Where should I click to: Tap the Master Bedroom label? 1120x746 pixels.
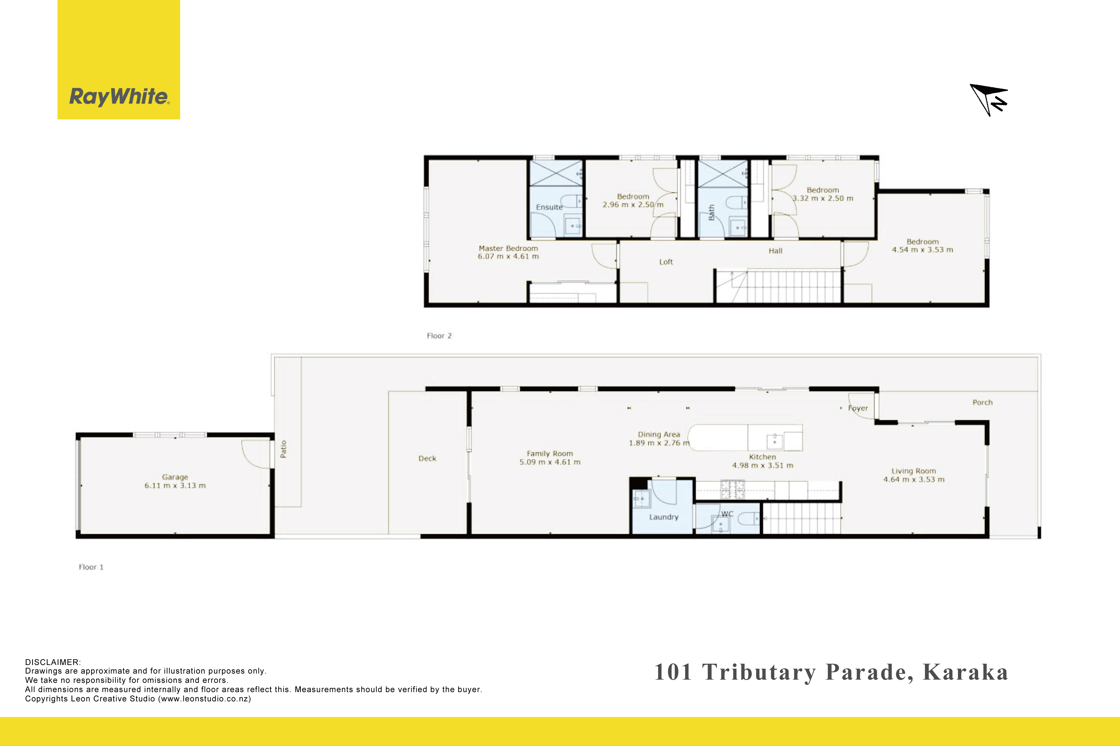point(508,248)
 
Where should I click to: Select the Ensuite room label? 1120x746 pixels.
point(549,207)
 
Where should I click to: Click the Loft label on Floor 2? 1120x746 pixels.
point(666,262)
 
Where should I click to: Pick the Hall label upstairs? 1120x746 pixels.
point(775,251)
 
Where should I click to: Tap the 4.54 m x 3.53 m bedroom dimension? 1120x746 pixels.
point(922,250)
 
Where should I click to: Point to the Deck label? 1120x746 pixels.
point(427,458)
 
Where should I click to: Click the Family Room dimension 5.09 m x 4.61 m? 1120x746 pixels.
point(550,462)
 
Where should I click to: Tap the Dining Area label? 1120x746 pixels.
point(659,434)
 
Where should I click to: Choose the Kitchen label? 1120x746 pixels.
point(762,457)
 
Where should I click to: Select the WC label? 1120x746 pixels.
point(727,514)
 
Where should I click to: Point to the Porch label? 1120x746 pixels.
point(982,402)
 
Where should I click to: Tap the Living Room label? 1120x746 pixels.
point(914,471)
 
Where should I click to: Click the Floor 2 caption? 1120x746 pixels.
point(439,336)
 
